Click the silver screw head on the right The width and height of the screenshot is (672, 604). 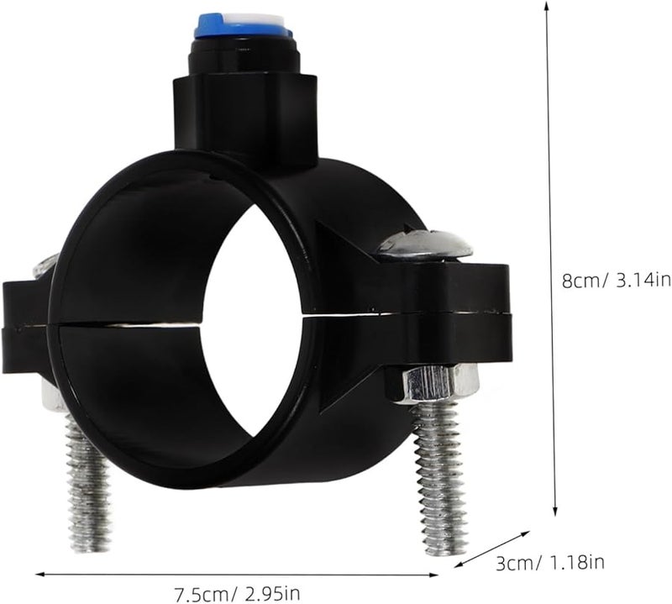pyautogui.click(x=425, y=244)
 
